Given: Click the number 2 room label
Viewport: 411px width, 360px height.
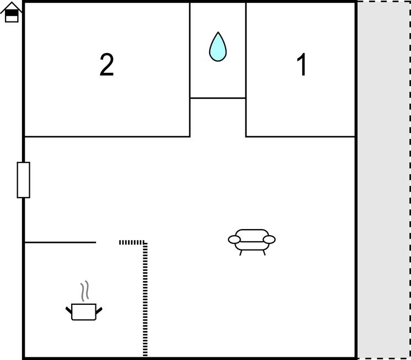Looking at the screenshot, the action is (106, 65).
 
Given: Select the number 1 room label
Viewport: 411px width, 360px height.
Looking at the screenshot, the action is (302, 65).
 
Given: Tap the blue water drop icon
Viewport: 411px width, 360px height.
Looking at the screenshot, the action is (218, 47).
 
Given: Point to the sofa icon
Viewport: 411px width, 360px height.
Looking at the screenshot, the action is (252, 242).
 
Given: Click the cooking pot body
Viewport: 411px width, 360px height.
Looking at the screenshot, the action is (84, 312).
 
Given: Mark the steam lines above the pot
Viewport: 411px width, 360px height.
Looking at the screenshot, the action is (84, 291).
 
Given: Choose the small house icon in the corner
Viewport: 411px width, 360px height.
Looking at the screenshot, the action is (11, 12).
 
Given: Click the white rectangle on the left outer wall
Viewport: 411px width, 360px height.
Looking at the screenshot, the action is (24, 180).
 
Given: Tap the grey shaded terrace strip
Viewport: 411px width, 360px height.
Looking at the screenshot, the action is (383, 180).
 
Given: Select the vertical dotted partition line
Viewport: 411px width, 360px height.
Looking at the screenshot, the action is (145, 299).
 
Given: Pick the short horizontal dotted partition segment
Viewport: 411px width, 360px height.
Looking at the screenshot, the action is (132, 242).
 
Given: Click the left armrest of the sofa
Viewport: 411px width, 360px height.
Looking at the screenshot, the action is (234, 240).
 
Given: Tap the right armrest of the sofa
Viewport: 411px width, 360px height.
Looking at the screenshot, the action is (269, 240).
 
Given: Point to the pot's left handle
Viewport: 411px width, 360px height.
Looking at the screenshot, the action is (68, 310).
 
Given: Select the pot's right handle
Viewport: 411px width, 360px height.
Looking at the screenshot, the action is (99, 310).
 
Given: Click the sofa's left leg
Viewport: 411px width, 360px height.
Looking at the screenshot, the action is (241, 253).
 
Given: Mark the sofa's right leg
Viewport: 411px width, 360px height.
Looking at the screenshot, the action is (264, 253).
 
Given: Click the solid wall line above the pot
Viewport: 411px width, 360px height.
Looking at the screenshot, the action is (60, 242).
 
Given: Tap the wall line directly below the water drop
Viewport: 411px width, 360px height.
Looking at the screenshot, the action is (218, 98).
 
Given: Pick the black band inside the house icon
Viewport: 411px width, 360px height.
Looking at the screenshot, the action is (12, 13).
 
